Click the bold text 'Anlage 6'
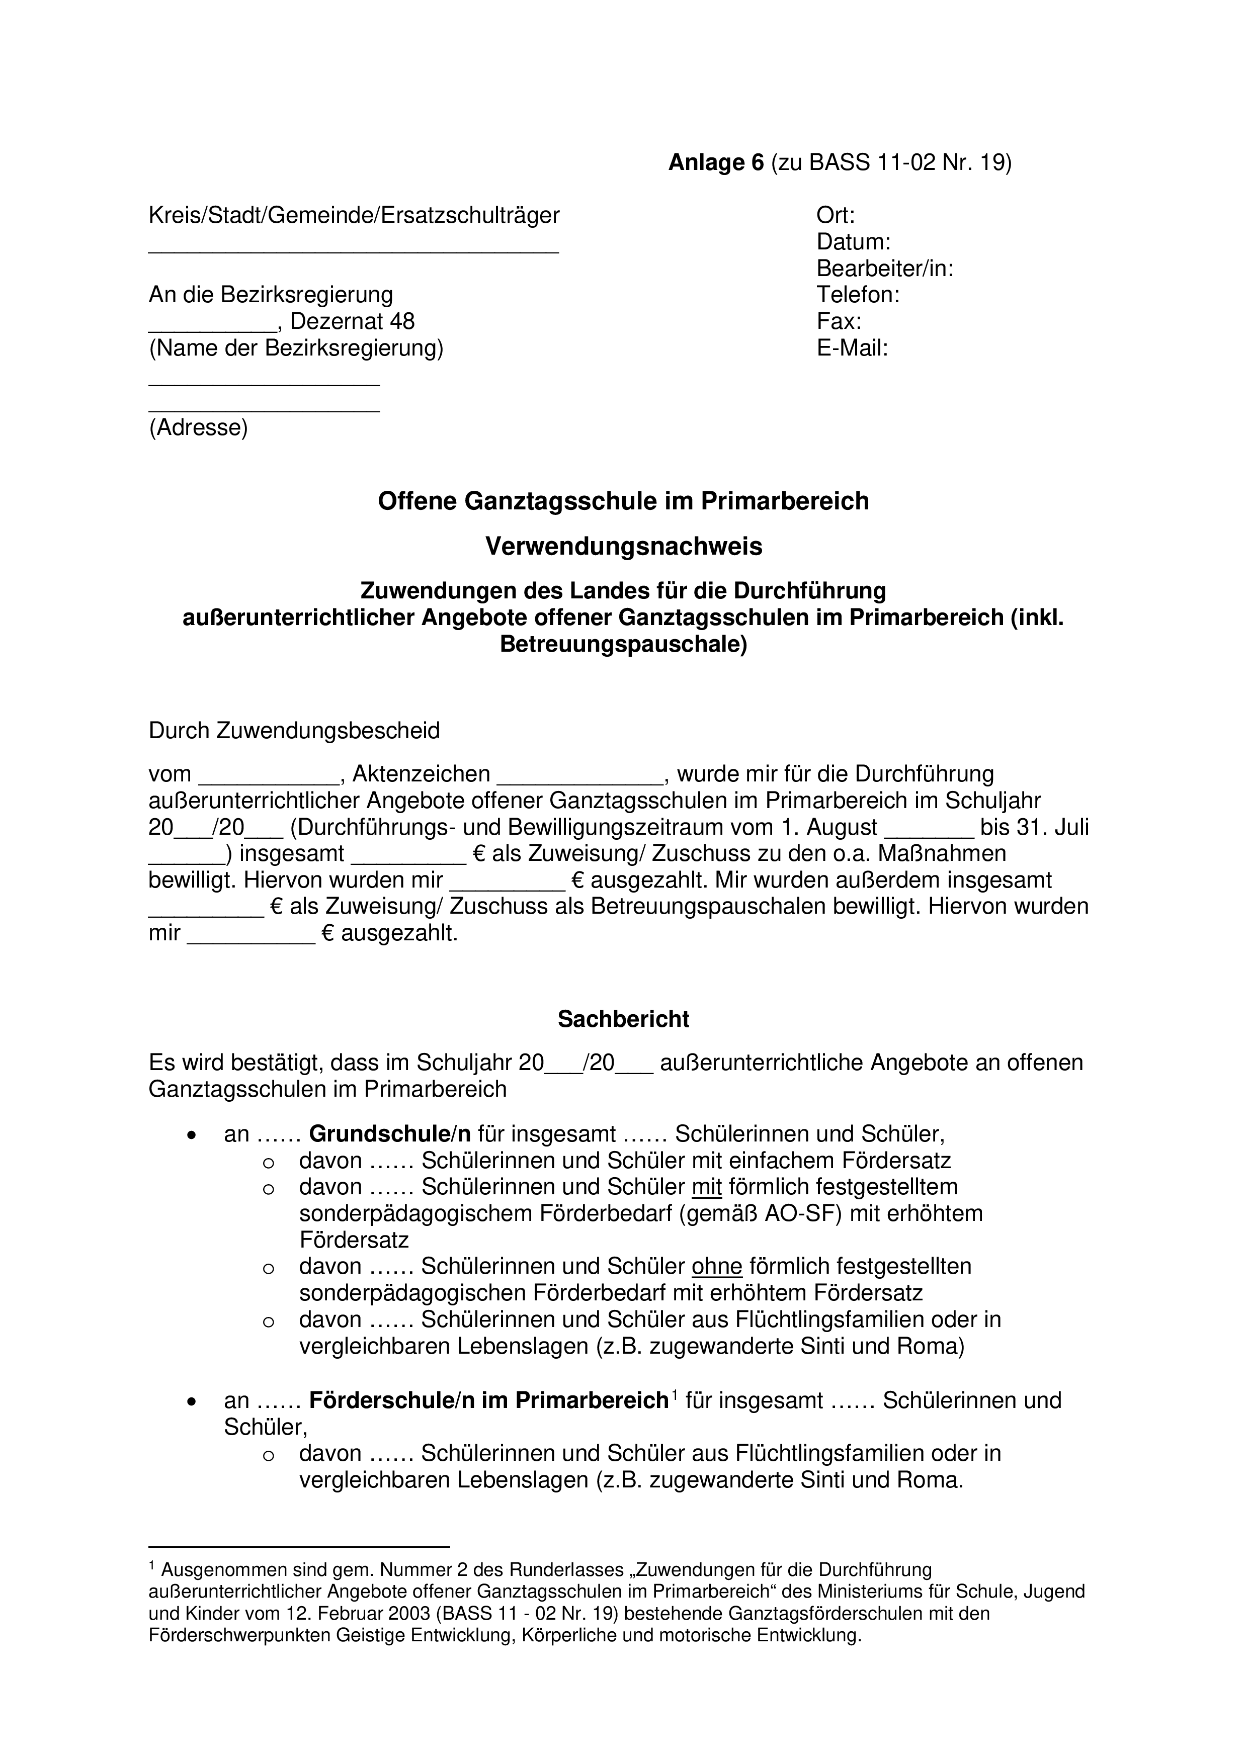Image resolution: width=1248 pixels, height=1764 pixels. pos(716,163)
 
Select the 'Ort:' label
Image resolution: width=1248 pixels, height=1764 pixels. pos(836,216)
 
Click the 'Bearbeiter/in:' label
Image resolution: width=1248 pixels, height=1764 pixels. pos(884,269)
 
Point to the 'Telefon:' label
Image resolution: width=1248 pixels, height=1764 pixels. pos(858,295)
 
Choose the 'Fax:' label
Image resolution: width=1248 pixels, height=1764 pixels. pos(839,321)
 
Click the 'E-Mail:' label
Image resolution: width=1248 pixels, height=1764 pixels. pos(852,348)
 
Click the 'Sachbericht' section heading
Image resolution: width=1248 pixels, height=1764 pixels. pos(623,1019)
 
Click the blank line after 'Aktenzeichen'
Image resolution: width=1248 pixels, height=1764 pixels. pos(579,779)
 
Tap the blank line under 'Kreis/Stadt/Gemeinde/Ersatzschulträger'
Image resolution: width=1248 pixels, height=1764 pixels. pos(354,250)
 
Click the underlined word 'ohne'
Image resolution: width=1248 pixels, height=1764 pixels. pos(716,1266)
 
